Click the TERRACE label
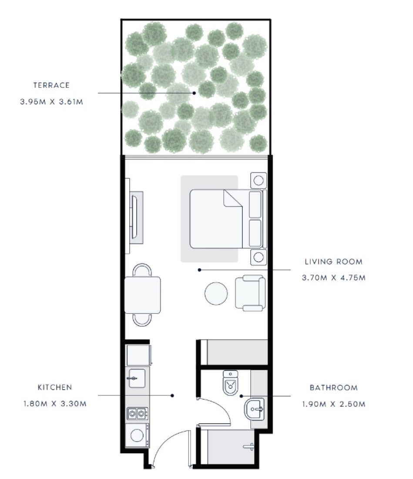pyautogui.click(x=52, y=85)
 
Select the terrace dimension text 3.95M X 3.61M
pyautogui.click(x=52, y=102)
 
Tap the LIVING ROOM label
pyautogui.click(x=334, y=262)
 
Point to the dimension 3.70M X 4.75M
pyautogui.click(x=334, y=278)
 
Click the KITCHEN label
pyautogui.click(x=55, y=388)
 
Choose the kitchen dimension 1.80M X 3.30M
pyautogui.click(x=55, y=404)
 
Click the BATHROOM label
pyautogui.click(x=334, y=388)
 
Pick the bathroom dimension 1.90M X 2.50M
pyautogui.click(x=334, y=404)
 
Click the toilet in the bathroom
pyautogui.click(x=231, y=383)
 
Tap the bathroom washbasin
pyautogui.click(x=254, y=409)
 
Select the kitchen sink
pyautogui.click(x=136, y=378)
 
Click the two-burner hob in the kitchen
pyautogui.click(x=138, y=414)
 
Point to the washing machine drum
pyautogui.click(x=137, y=435)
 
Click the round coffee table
pyautogui.click(x=216, y=293)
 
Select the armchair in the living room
pyautogui.click(x=250, y=293)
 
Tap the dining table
pyautogui.click(x=143, y=295)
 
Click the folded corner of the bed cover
pyautogui.click(x=232, y=198)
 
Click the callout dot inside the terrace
pyautogui.click(x=194, y=93)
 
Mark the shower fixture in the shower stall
pyautogui.click(x=249, y=447)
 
